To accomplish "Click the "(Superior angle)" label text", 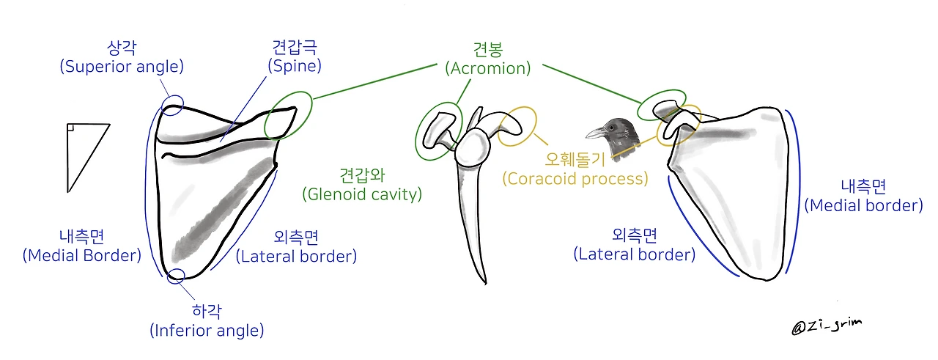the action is [122, 66].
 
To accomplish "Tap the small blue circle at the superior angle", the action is [174, 102].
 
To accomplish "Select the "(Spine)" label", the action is [295, 66].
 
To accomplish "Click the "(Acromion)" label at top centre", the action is [488, 69].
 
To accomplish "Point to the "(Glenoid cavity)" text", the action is [362, 194].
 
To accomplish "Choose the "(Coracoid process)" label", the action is [575, 178].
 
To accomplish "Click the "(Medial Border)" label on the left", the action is [81, 256].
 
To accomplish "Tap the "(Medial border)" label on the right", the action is [863, 205].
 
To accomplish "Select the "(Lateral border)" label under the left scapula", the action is [296, 257].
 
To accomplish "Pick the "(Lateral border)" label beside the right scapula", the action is [635, 254].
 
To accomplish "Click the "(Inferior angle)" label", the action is [207, 331].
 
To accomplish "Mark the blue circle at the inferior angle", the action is [176, 276].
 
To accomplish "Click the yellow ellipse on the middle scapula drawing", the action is [517, 126].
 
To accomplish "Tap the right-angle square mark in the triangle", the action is [70, 129].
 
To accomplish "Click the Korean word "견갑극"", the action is [295, 49].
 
